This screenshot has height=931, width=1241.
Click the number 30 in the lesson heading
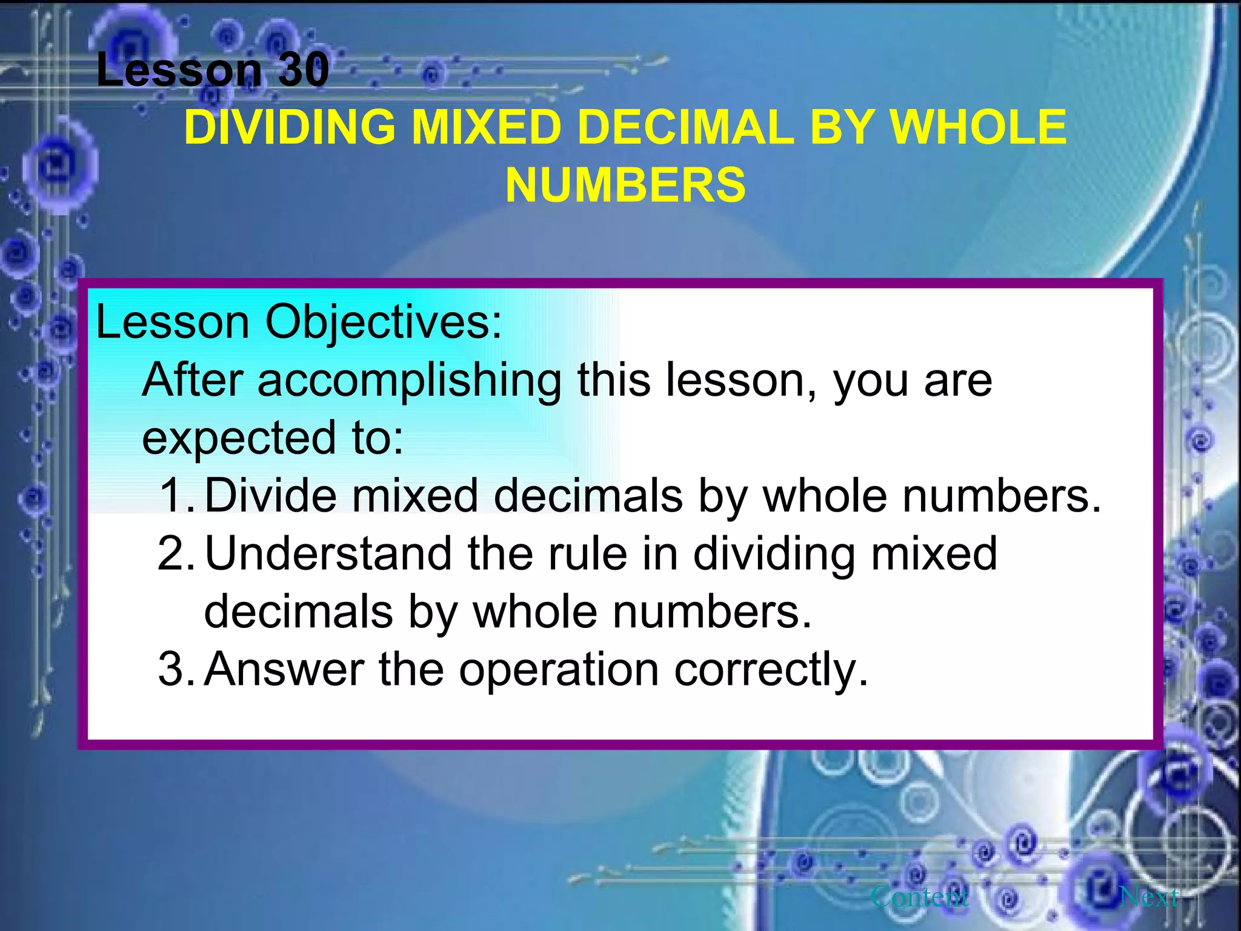pyautogui.click(x=304, y=70)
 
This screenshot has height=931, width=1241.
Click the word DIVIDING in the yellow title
pyautogui.click(x=290, y=127)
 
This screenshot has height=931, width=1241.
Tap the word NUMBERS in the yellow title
pyautogui.click(x=625, y=185)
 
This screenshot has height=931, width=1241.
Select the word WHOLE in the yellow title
pyautogui.click(x=977, y=127)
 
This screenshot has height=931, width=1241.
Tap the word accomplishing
pyautogui.click(x=410, y=381)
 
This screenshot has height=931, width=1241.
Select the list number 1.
pyautogui.click(x=176, y=496)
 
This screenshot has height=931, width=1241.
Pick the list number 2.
pyautogui.click(x=176, y=553)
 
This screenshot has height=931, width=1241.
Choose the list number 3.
pyautogui.click(x=176, y=670)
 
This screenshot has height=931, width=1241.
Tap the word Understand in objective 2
pyautogui.click(x=328, y=553)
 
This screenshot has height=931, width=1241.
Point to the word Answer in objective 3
pyautogui.click(x=284, y=670)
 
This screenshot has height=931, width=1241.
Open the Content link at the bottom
pyautogui.click(x=919, y=896)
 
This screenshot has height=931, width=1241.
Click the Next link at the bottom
pyautogui.click(x=1149, y=896)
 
